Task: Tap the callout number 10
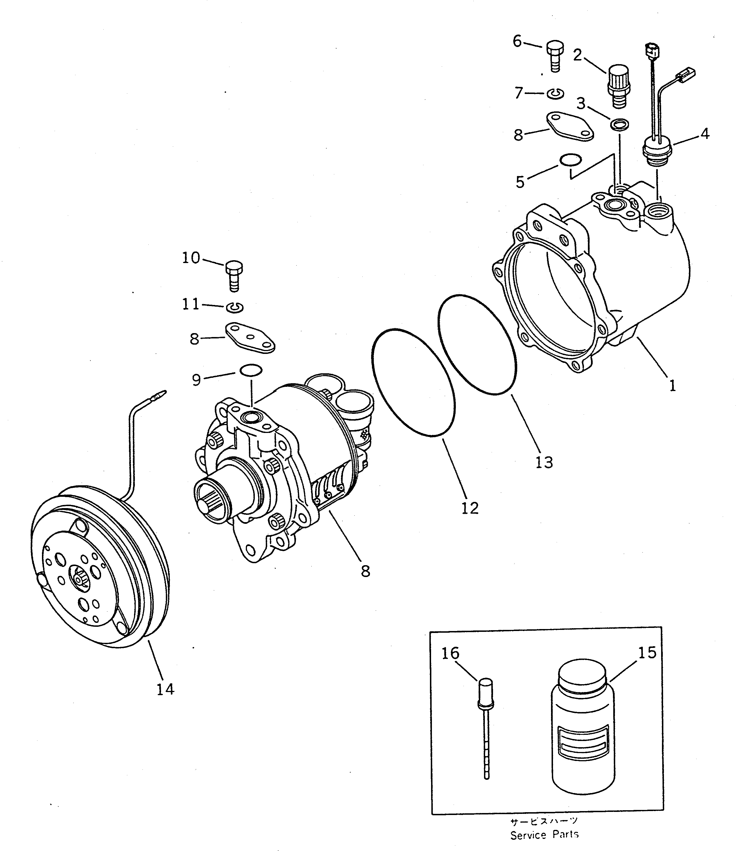click(191, 258)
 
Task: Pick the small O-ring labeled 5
click(571, 160)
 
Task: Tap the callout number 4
click(705, 133)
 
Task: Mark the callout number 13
click(544, 462)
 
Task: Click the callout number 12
click(470, 508)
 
